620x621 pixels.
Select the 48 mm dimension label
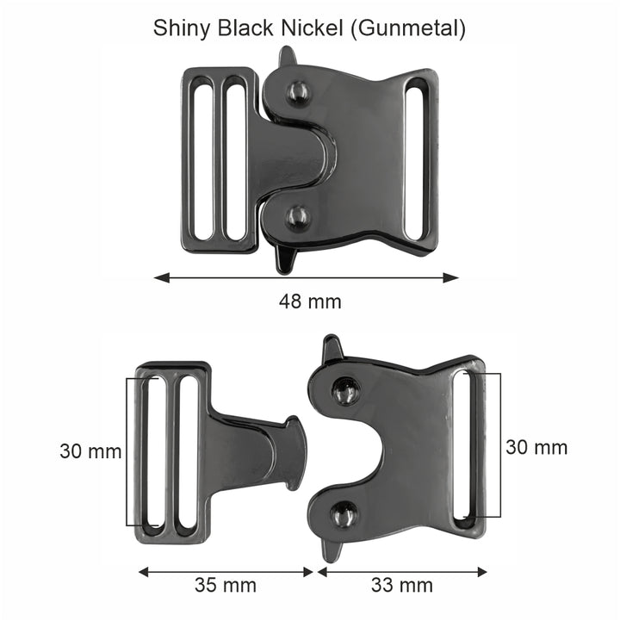pyautogui.click(x=310, y=301)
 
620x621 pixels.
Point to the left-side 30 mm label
pyautogui.click(x=90, y=450)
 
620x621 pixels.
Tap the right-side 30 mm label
pyautogui.click(x=536, y=447)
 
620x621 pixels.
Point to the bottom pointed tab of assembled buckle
pyautogui.click(x=284, y=260)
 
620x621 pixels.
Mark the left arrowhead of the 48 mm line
pyautogui.click(x=160, y=277)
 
